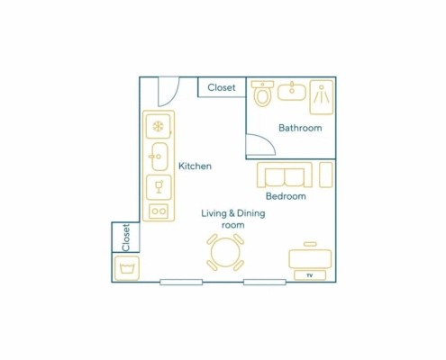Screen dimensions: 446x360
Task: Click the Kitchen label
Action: [x=195, y=166]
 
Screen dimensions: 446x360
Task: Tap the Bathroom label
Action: [x=300, y=128]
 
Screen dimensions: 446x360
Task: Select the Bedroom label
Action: [x=286, y=196]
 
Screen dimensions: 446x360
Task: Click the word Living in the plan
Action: [x=214, y=213]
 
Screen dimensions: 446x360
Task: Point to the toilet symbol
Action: [x=262, y=94]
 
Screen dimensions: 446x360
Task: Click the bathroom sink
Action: [x=292, y=91]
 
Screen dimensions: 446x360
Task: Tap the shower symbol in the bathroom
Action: [x=322, y=97]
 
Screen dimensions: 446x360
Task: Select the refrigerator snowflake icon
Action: [x=158, y=126]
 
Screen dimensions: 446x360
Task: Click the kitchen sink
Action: [x=159, y=157]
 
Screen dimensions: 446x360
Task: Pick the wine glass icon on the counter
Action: [x=159, y=187]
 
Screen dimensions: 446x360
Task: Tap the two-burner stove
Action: [x=159, y=211]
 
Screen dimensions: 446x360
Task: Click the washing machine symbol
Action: [x=127, y=268]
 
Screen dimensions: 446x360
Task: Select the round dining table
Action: [x=225, y=252]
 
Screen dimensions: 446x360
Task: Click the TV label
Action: [x=310, y=275]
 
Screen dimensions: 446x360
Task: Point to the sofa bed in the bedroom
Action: [x=285, y=175]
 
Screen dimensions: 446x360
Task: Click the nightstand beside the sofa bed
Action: [x=326, y=175]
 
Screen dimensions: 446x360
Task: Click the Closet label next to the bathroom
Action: [x=222, y=87]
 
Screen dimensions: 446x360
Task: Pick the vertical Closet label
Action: [x=126, y=238]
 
